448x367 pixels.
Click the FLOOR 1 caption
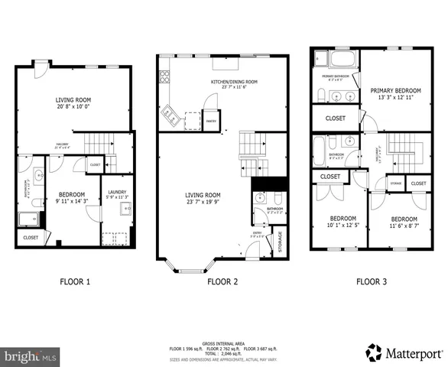[x=75, y=281]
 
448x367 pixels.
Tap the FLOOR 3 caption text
[x=371, y=281]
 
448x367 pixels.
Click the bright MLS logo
[x=30, y=356]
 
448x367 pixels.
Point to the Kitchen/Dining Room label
[x=223, y=83]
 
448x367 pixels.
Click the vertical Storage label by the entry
[x=280, y=241]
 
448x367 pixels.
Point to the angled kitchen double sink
[x=170, y=116]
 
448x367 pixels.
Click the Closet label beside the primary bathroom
[x=335, y=118]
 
